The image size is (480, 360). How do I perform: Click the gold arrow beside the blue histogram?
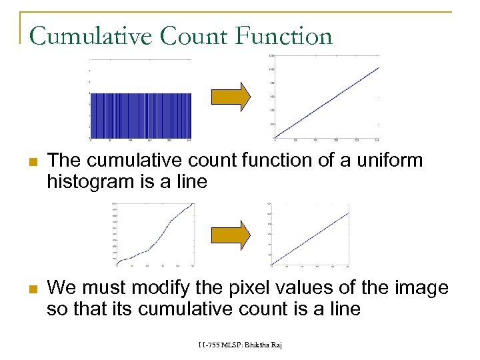click(231, 96)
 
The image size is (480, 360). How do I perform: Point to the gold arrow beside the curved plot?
click(231, 233)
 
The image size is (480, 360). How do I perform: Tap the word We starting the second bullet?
click(61, 289)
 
